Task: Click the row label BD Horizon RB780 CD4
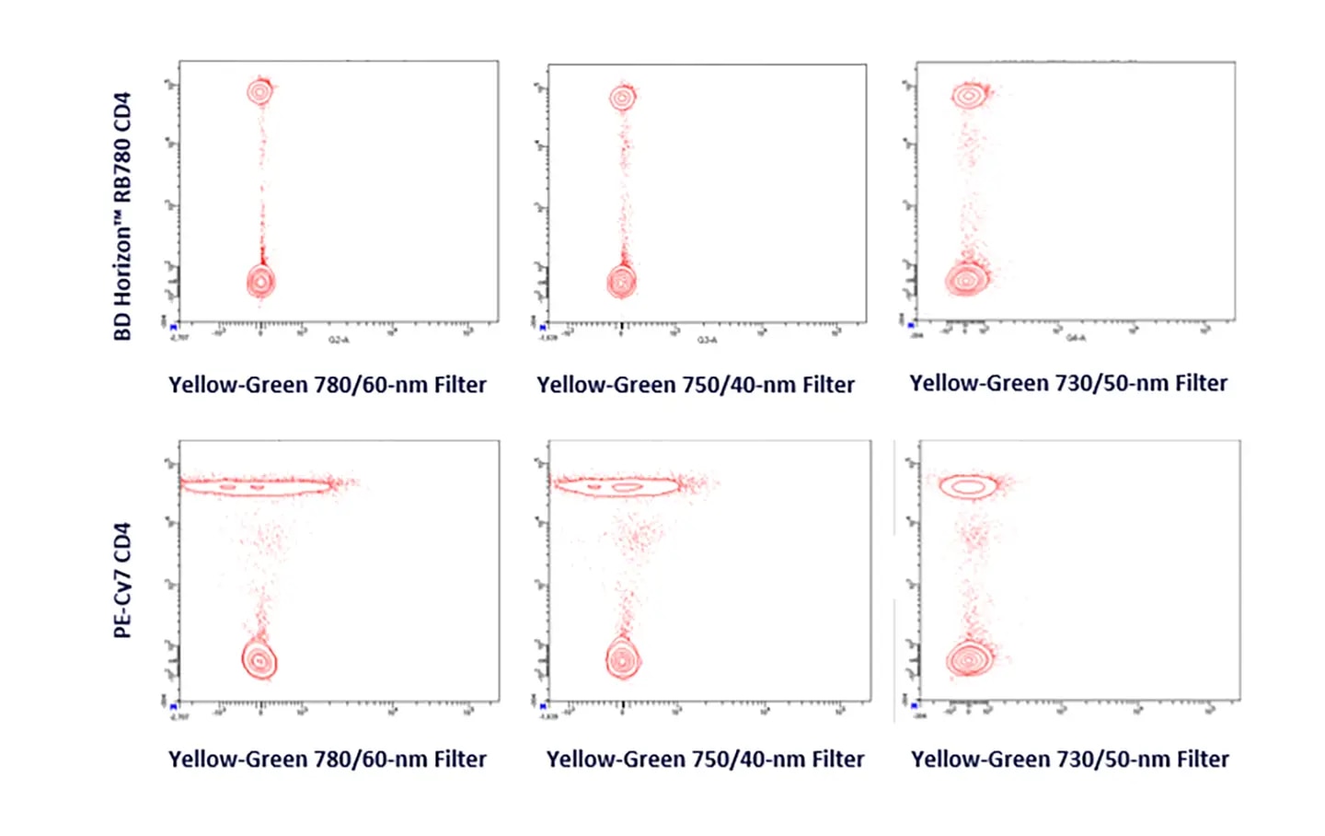click(x=122, y=216)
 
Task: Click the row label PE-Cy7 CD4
click(x=122, y=580)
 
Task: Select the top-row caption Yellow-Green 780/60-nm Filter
click(x=328, y=385)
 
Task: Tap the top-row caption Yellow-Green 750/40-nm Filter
click(x=696, y=385)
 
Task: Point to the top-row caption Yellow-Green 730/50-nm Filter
click(x=1068, y=383)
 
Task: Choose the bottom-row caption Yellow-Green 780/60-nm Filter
click(x=328, y=760)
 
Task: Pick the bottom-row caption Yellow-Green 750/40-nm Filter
click(x=705, y=760)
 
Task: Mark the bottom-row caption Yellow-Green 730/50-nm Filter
click(x=1070, y=760)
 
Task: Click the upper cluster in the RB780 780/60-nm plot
click(x=260, y=91)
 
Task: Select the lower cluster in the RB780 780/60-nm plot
click(x=261, y=281)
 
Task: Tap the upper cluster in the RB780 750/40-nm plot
click(x=623, y=97)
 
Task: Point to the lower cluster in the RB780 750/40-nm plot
click(x=622, y=281)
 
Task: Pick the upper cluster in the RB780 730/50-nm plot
click(x=969, y=94)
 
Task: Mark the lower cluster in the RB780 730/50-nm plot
click(x=966, y=278)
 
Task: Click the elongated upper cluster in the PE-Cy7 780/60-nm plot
click(x=257, y=484)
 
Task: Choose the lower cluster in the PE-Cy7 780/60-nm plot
click(x=259, y=660)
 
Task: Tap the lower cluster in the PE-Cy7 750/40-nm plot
click(x=623, y=659)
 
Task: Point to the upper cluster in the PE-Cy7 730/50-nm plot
click(x=969, y=486)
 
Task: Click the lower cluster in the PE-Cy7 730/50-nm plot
click(x=969, y=659)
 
